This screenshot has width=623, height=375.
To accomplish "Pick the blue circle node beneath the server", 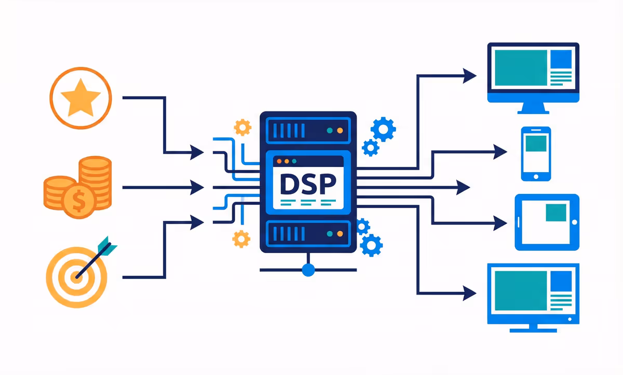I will click(308, 270).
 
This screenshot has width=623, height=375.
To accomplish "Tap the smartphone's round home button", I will click(536, 175).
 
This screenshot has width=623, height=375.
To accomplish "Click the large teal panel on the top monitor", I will click(520, 68).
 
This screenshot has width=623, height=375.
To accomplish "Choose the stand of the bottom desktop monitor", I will click(533, 327).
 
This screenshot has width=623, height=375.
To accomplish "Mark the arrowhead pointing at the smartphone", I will click(500, 152).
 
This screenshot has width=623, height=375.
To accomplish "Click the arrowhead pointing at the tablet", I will click(500, 223).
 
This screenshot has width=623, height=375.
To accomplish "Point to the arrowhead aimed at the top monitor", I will click(469, 76).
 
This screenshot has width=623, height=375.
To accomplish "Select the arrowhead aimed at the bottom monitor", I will click(469, 293).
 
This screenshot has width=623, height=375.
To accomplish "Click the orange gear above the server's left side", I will click(242, 127).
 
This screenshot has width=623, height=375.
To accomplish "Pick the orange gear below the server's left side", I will click(241, 239).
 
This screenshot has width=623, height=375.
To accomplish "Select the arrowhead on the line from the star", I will click(197, 152).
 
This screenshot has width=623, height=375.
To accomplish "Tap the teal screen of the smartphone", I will click(536, 143).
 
